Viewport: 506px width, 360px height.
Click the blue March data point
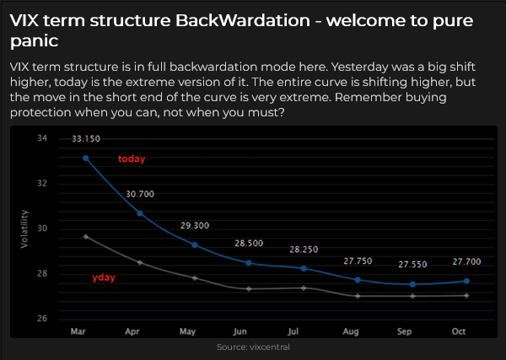click(85, 158)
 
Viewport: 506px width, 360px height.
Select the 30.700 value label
click(140, 194)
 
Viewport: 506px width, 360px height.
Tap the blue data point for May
click(195, 244)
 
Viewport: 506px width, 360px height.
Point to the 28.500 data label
click(249, 243)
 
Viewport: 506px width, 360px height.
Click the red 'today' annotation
click(132, 159)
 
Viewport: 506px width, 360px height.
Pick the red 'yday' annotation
click(104, 277)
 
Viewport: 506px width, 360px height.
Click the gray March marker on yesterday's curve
click(85, 237)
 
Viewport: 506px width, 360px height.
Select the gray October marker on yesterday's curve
click(466, 295)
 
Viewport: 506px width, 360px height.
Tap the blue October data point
click(466, 281)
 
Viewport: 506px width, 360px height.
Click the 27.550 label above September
click(412, 265)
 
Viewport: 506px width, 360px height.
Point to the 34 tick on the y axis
click(42, 138)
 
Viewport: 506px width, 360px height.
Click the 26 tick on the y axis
click(42, 319)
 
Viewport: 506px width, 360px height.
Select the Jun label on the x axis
click(240, 331)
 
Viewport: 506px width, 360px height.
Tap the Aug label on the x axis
click(351, 331)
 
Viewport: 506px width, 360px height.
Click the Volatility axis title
click(24, 229)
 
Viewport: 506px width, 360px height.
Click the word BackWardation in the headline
click(243, 20)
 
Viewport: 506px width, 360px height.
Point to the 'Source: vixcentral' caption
click(253, 347)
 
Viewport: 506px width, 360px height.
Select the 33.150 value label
click(86, 139)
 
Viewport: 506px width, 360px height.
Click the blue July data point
click(304, 268)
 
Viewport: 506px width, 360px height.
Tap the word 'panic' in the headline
click(35, 41)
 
